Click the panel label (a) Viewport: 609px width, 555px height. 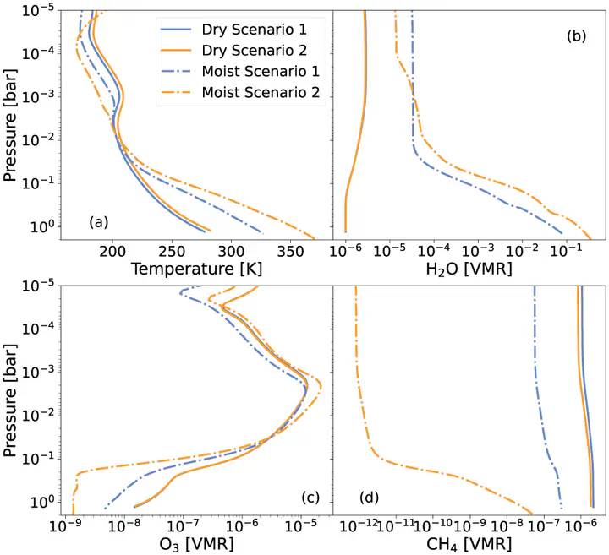pyautogui.click(x=98, y=222)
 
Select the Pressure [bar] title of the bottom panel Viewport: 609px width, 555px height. pyautogui.click(x=12, y=400)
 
